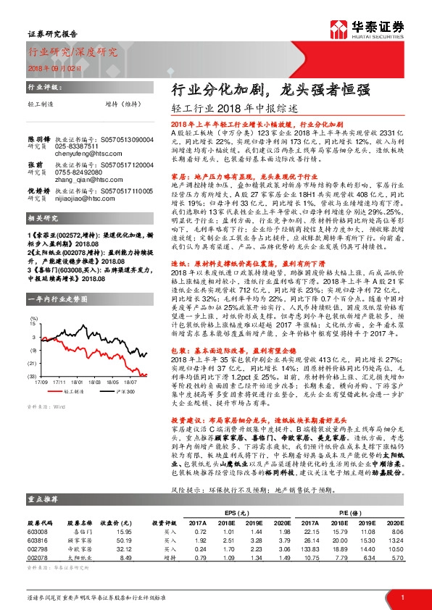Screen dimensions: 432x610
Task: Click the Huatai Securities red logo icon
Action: tap(336, 28)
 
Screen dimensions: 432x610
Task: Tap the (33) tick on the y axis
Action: tap(32, 377)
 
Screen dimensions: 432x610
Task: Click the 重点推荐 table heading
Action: tap(41, 499)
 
